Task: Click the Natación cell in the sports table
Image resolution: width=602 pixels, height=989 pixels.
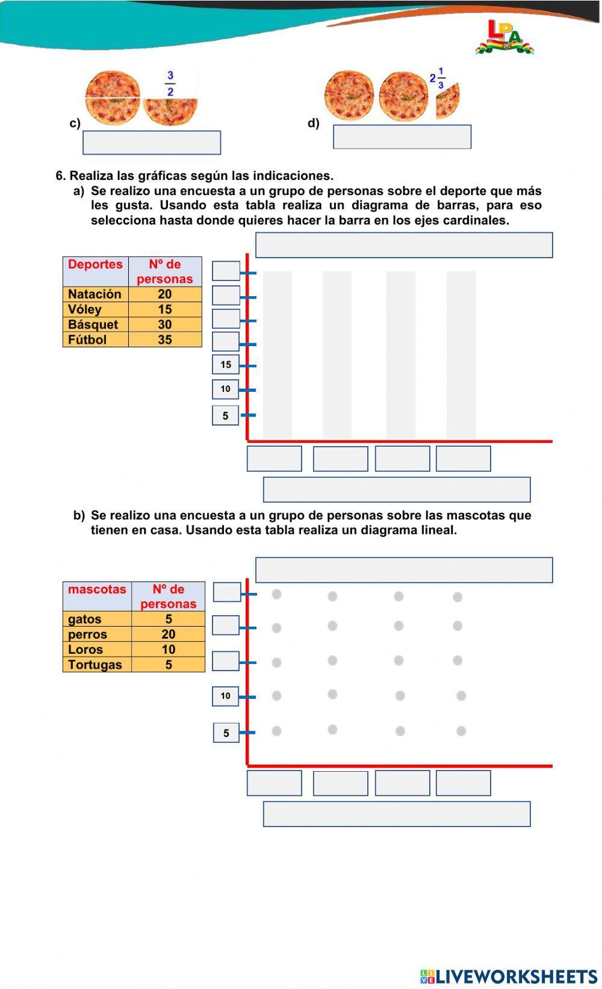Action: click(95, 294)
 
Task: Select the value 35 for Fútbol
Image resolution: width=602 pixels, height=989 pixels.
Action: click(165, 339)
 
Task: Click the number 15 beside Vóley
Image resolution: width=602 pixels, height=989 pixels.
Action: click(165, 309)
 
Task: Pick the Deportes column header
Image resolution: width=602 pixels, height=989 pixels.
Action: click(95, 265)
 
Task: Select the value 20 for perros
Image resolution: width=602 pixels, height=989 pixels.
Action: click(169, 634)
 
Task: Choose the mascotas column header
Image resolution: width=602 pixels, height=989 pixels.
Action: click(97, 589)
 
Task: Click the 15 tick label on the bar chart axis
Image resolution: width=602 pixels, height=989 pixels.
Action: click(226, 365)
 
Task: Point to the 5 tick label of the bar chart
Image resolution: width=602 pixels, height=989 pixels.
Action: click(226, 416)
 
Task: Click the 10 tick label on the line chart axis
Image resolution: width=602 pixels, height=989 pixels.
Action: click(226, 696)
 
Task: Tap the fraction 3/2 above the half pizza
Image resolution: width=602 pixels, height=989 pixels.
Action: click(170, 84)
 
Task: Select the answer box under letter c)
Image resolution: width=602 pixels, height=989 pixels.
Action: click(152, 143)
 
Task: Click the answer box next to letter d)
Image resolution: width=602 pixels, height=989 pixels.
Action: click(402, 137)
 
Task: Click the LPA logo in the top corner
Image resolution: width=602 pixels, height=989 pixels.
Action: click(504, 37)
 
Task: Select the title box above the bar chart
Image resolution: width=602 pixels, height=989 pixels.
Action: click(404, 246)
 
